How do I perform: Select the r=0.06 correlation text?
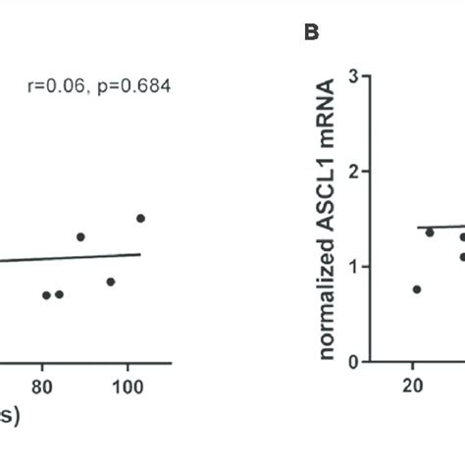(54, 86)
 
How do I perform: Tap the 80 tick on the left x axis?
(42, 385)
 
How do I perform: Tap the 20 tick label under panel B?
(412, 385)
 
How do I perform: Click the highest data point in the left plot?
(140, 218)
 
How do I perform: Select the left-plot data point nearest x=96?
(111, 282)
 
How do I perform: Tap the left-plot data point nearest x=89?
(80, 236)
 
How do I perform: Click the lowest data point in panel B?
(417, 289)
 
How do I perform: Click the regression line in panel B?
(437, 227)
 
